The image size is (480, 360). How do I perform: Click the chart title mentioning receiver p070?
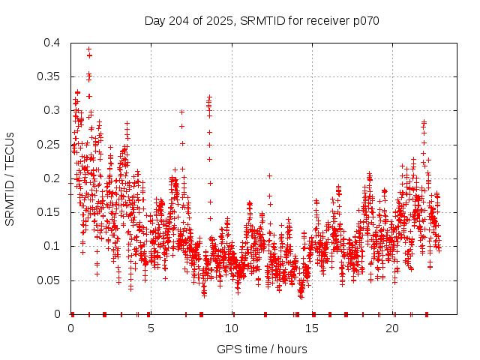(262, 20)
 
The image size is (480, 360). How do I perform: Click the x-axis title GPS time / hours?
(262, 349)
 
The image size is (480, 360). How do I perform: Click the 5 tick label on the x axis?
(151, 328)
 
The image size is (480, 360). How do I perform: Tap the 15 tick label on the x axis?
(312, 328)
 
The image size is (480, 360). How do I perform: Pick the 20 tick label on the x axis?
(393, 328)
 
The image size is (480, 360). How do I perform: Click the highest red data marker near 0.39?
(88, 49)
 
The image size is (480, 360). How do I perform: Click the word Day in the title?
(154, 20)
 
